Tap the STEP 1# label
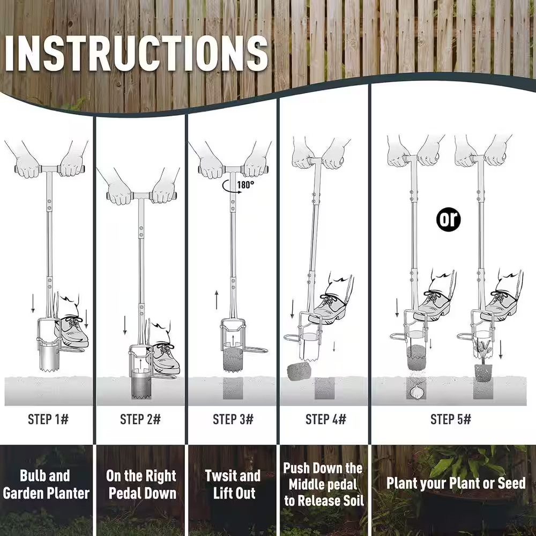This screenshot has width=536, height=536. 48,419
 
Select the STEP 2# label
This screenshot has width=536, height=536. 140,419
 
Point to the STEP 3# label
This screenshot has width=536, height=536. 233,419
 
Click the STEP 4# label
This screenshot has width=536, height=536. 326,419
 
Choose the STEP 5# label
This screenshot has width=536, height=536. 451,419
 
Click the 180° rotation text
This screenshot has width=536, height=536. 246,185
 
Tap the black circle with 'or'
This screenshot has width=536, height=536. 448,219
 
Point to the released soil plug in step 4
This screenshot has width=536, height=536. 299,372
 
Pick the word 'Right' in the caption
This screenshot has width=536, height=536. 161,477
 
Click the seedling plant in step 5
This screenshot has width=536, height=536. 484,353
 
